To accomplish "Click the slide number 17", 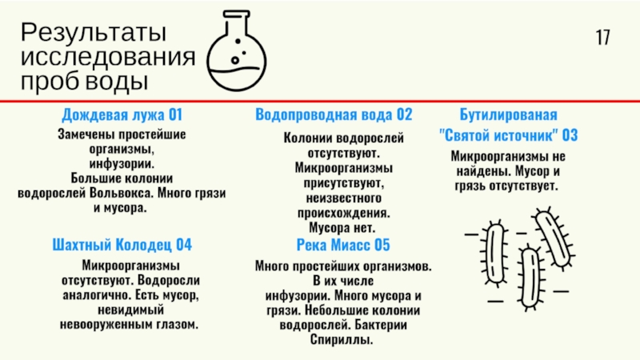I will (602, 37).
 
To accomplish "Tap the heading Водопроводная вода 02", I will (334, 114).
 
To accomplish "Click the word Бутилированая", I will (508, 114).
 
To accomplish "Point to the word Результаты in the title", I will (93, 34).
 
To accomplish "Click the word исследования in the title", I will (108, 58).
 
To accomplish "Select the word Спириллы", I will (342, 340).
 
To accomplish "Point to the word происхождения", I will (344, 213).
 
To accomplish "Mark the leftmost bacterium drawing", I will (495, 254).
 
